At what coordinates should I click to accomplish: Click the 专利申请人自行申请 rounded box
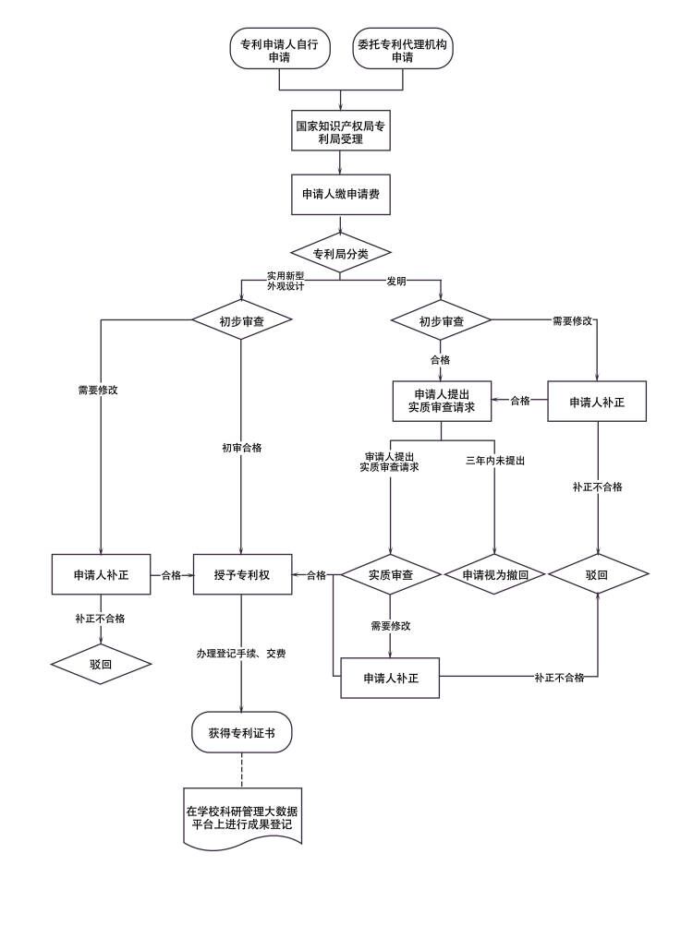[x=280, y=50]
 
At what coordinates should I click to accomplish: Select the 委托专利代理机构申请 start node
[x=403, y=50]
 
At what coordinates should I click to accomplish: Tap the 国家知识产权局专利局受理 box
[x=342, y=132]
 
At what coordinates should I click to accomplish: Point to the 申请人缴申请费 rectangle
[x=341, y=195]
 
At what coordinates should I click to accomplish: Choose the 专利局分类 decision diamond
[x=341, y=253]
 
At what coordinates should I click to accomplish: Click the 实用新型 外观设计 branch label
[x=286, y=281]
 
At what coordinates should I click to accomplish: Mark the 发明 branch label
[x=396, y=281]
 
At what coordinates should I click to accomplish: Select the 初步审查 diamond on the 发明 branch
[x=441, y=321]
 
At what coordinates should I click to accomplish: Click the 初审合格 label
[x=241, y=448]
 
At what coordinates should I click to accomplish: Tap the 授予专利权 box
[x=242, y=574]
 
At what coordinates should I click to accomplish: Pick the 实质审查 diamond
[x=391, y=574]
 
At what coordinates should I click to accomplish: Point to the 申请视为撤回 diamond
[x=494, y=574]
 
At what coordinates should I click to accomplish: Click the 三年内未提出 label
[x=494, y=460]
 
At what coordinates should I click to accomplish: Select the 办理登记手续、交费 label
[x=241, y=654]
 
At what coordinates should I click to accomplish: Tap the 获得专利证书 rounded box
[x=242, y=733]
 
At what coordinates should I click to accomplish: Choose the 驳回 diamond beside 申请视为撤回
[x=597, y=574]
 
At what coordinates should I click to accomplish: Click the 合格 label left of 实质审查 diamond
[x=316, y=575]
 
